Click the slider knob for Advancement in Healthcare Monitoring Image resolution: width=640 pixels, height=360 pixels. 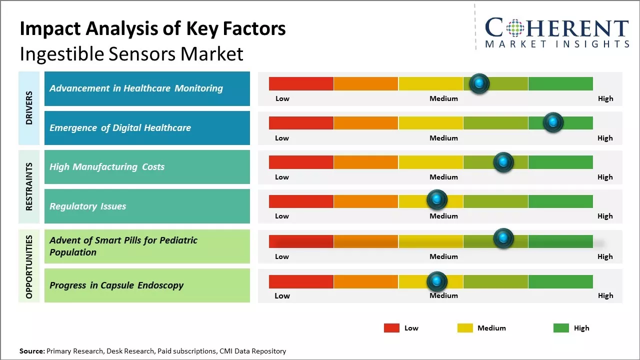click(x=479, y=83)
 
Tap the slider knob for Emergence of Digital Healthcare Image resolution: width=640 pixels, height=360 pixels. click(x=553, y=122)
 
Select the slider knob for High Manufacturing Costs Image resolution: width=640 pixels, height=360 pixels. click(x=503, y=162)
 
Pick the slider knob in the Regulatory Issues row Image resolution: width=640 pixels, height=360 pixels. click(x=437, y=200)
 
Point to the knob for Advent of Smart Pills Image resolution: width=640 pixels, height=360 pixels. click(x=503, y=238)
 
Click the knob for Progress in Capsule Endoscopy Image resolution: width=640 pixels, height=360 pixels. click(x=437, y=281)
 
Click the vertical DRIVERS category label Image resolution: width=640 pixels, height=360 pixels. click(x=29, y=107)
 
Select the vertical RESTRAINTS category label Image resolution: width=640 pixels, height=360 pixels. click(x=29, y=186)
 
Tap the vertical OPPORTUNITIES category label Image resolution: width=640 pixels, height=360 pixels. click(x=29, y=266)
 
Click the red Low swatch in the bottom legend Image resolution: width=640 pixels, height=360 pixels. click(x=391, y=328)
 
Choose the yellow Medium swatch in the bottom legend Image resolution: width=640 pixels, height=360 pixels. click(x=465, y=328)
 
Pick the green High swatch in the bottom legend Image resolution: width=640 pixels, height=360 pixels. click(x=561, y=328)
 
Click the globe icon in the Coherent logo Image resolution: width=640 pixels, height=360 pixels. click(x=514, y=28)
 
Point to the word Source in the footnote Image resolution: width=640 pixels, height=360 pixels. click(x=31, y=351)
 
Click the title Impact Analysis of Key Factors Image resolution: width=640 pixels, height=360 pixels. click(x=152, y=29)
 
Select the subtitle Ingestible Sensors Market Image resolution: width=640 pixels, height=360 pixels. click(x=131, y=53)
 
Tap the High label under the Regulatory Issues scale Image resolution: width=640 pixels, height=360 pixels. click(x=605, y=216)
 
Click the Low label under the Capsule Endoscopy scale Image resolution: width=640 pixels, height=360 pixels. click(x=282, y=295)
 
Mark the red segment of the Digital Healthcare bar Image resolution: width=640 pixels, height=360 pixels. click(x=301, y=123)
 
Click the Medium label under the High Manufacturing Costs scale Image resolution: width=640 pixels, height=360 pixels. click(x=443, y=177)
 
